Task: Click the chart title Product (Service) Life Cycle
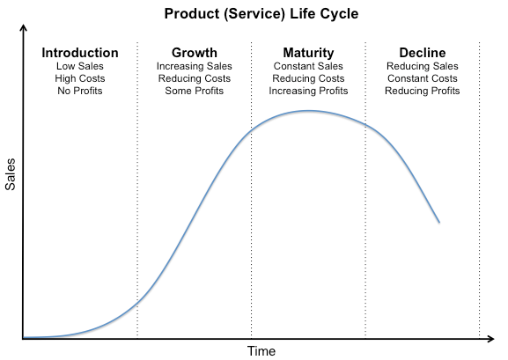(x=261, y=14)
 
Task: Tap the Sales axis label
(x=11, y=174)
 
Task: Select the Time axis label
(x=261, y=351)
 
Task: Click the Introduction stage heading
(x=80, y=53)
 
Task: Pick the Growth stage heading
(x=195, y=53)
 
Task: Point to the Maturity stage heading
(x=308, y=53)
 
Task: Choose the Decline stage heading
(x=423, y=53)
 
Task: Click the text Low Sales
(x=80, y=66)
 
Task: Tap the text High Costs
(x=80, y=78)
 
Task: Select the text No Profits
(x=80, y=91)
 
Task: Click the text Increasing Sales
(x=195, y=66)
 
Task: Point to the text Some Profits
(x=195, y=91)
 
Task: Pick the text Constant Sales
(x=308, y=66)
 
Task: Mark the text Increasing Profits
(x=308, y=91)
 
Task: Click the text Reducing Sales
(x=423, y=66)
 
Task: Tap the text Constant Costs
(x=423, y=78)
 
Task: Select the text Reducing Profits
(x=423, y=91)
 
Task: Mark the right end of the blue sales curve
(x=439, y=223)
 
